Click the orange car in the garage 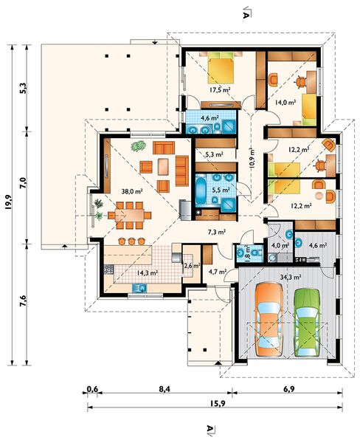[x=269, y=320]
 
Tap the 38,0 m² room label [x=132, y=191]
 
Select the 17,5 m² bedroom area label [x=221, y=90]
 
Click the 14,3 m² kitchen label [x=147, y=272]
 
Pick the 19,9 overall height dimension [x=8, y=202]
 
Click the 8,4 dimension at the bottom [x=165, y=389]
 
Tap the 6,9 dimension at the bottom [x=288, y=389]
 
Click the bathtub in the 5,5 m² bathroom [x=201, y=190]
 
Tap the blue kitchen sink [x=139, y=288]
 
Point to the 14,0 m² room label [x=285, y=103]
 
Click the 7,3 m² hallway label [x=217, y=233]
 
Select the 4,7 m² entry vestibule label [x=218, y=272]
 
